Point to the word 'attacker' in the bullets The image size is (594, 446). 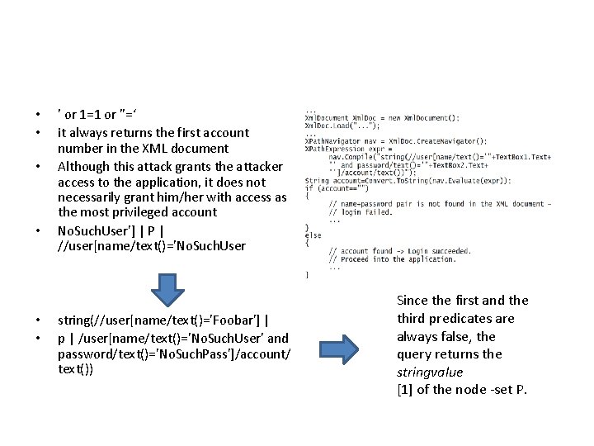coord(257,165)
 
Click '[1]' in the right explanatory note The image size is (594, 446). coord(404,390)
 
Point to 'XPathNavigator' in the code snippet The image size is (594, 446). coord(330,141)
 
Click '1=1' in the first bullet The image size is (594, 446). coord(92,115)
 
